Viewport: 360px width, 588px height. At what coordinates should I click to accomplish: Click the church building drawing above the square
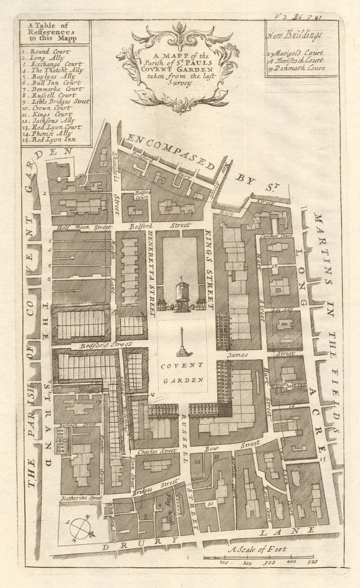[182, 296]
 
